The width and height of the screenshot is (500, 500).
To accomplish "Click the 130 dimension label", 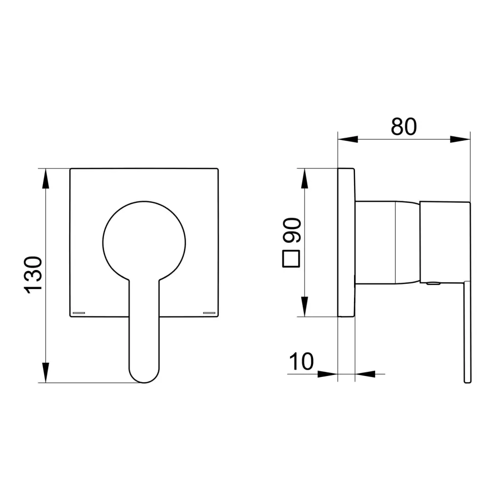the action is (x=33, y=274).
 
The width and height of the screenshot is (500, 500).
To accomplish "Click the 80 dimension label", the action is (x=404, y=126).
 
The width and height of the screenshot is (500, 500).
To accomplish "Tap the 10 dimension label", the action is (x=301, y=361).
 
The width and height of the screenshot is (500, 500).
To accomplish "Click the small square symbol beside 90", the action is (x=291, y=259).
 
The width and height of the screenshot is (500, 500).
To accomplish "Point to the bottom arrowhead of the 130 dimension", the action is (x=46, y=373).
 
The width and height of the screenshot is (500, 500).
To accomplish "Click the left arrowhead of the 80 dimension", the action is (x=348, y=139).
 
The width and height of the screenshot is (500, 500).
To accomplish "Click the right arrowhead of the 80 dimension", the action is (x=460, y=139).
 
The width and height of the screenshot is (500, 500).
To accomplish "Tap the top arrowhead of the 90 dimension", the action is (x=305, y=179).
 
